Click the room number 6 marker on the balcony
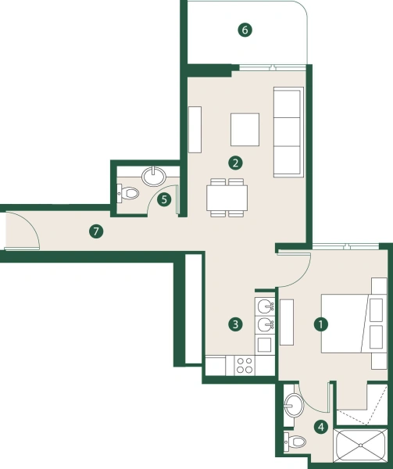point(245,30)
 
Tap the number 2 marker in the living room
point(234,163)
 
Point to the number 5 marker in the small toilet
point(164,199)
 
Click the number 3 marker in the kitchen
point(234,323)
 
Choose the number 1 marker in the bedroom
point(320,323)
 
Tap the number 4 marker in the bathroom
point(320,427)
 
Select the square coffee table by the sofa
point(245,130)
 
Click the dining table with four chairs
point(227,197)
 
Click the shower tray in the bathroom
point(360,448)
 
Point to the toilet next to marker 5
point(129,192)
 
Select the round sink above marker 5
point(155,174)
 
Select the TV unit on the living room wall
point(195,130)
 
